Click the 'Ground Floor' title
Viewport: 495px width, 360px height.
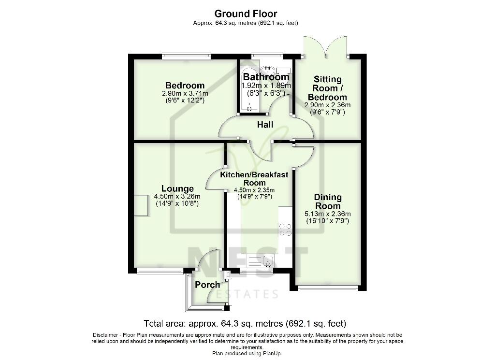point(246,14)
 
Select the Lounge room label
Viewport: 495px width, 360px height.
point(177,188)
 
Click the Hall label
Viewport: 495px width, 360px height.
point(265,125)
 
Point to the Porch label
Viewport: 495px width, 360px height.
point(207,285)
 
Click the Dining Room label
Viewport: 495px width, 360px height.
point(328,202)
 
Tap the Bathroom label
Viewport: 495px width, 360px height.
point(266,77)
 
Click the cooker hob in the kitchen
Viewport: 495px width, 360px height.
point(285,230)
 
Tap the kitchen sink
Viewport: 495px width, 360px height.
point(261,261)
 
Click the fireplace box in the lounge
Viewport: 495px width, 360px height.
point(141,205)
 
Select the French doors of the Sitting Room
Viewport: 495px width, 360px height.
point(327,47)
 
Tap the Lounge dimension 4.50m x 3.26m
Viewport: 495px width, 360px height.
point(177,197)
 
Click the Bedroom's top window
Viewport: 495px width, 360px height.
point(186,56)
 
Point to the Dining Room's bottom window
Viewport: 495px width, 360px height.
point(328,288)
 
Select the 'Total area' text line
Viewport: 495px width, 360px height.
point(245,323)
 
